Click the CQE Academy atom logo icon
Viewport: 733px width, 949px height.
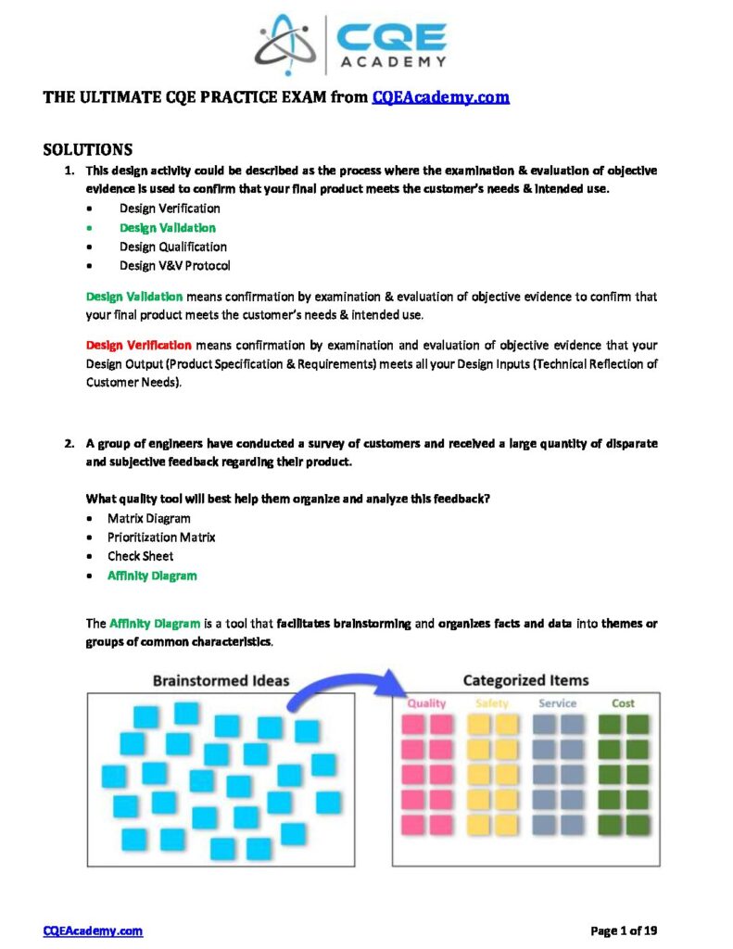pyautogui.click(x=286, y=44)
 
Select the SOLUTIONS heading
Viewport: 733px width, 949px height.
pyautogui.click(x=87, y=149)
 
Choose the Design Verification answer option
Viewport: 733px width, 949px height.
pyautogui.click(x=170, y=209)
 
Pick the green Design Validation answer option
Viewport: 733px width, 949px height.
pyautogui.click(x=167, y=228)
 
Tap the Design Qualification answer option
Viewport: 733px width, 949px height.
pyautogui.click(x=172, y=247)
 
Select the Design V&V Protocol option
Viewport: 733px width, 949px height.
pyautogui.click(x=175, y=266)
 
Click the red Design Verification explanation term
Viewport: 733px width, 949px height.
pyautogui.click(x=139, y=345)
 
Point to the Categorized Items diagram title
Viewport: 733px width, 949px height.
pyautogui.click(x=525, y=680)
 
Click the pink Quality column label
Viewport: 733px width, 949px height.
pyautogui.click(x=426, y=703)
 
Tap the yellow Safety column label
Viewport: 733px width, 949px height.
pyautogui.click(x=492, y=703)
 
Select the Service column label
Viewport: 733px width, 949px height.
pyautogui.click(x=557, y=703)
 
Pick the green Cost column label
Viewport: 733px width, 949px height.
pyautogui.click(x=623, y=703)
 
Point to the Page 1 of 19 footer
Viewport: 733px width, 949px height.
pyautogui.click(x=624, y=930)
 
